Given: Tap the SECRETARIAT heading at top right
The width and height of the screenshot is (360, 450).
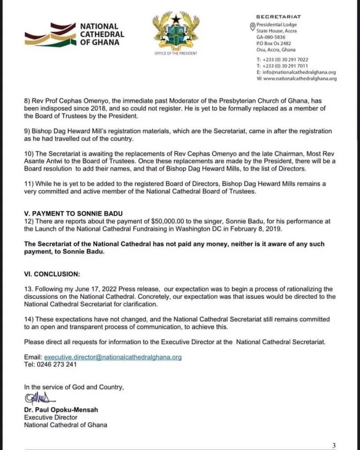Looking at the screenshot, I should [x=278, y=17].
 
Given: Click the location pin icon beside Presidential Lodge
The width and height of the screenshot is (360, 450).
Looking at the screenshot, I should [x=252, y=27].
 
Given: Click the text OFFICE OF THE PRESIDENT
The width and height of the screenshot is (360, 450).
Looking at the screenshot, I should [x=176, y=53].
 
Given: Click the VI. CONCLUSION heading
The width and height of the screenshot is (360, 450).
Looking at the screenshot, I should [x=52, y=274].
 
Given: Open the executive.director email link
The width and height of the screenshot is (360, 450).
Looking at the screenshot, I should [x=113, y=357].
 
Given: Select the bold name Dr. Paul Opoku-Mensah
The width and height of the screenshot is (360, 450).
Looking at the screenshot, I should [x=61, y=410].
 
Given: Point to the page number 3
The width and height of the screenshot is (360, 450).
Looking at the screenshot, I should [x=334, y=445].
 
